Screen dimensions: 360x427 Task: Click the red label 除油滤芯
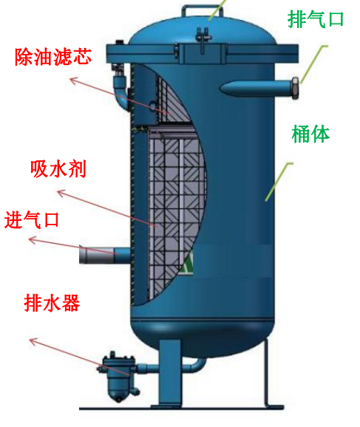[53, 57]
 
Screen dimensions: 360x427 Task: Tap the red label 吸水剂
[58, 169]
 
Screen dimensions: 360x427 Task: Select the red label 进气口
[32, 219]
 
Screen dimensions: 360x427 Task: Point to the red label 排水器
[52, 303]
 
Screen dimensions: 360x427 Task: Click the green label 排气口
[316, 19]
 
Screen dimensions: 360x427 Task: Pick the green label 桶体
[310, 134]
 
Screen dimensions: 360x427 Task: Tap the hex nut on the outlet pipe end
[296, 88]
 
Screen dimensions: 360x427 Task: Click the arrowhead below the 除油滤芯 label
[73, 81]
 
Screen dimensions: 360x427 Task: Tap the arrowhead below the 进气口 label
[33, 239]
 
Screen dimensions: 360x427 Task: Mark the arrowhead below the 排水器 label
[33, 341]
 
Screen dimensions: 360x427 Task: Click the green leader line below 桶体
[279, 182]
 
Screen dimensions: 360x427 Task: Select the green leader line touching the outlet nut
[313, 64]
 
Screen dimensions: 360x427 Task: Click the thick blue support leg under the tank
[169, 374]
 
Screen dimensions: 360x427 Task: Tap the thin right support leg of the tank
[267, 372]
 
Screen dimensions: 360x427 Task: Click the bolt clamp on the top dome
[203, 38]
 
